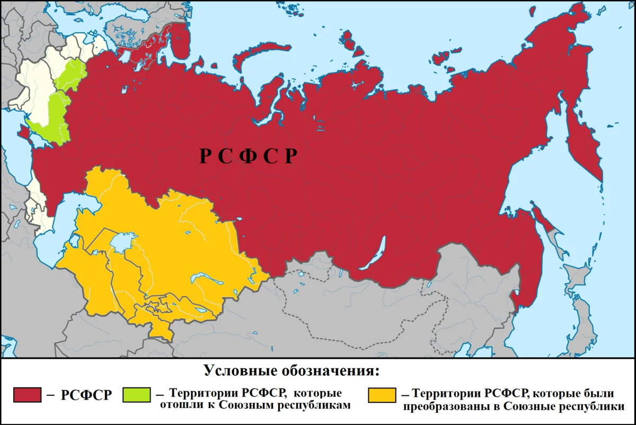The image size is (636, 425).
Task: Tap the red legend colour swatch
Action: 27,395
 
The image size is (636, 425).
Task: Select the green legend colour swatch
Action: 136,395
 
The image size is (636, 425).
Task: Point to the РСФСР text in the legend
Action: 86,395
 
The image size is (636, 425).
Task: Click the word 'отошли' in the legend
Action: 179,406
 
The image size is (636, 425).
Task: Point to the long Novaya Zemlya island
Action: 260,53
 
